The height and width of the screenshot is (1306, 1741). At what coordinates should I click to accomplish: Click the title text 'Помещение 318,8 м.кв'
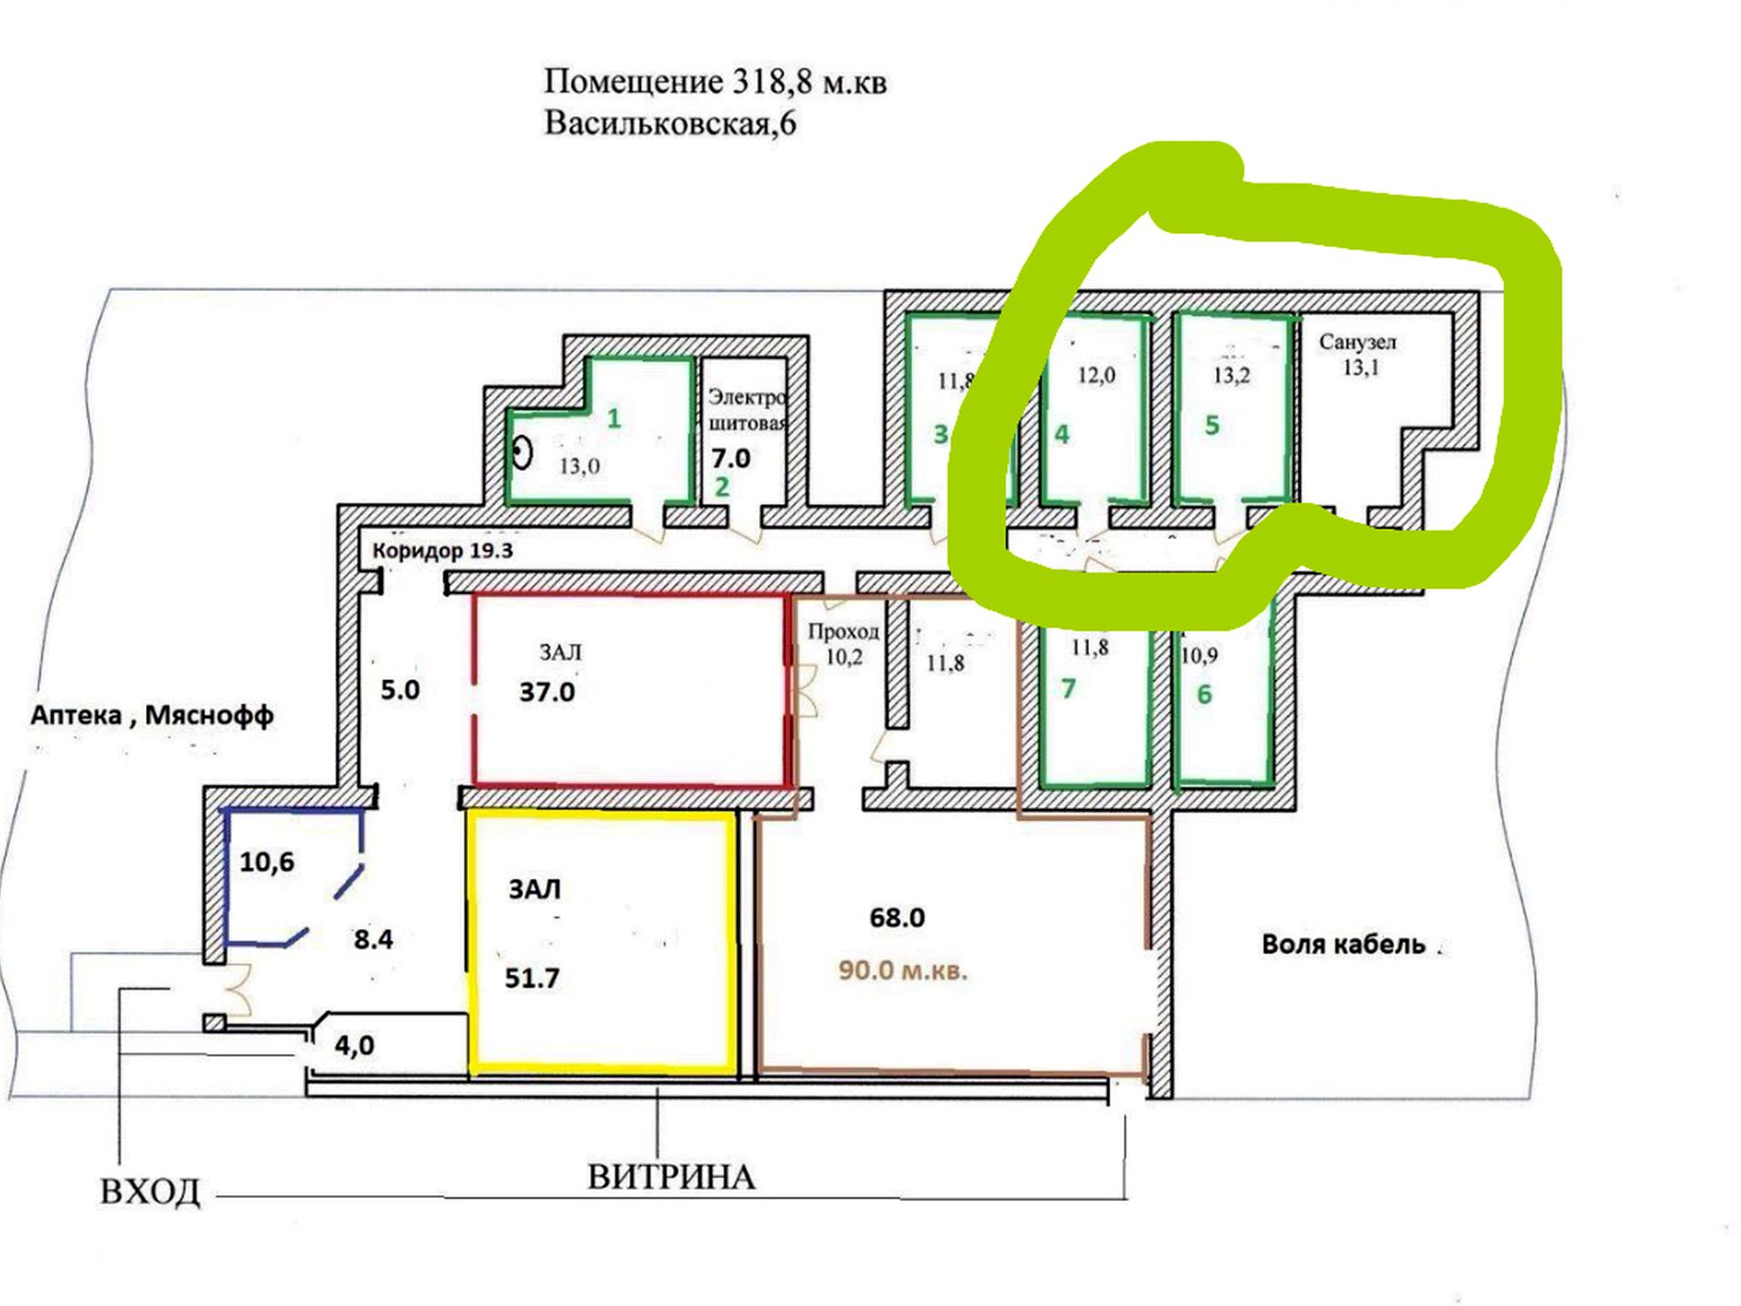(x=715, y=83)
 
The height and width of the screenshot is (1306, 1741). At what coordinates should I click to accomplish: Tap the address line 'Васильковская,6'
(x=669, y=123)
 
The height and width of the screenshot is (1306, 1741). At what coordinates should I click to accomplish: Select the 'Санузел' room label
(x=1357, y=343)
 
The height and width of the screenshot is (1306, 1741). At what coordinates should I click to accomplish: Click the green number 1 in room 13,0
(x=614, y=419)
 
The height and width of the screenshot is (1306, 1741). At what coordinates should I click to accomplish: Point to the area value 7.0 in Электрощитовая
(x=731, y=459)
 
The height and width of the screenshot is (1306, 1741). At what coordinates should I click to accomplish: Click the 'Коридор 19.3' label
(x=443, y=551)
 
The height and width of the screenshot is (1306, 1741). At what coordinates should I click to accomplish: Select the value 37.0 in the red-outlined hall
(x=547, y=693)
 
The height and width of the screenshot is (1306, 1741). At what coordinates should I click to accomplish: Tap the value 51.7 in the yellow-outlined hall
(x=532, y=979)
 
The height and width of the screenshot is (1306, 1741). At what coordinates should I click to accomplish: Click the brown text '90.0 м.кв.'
(x=902, y=970)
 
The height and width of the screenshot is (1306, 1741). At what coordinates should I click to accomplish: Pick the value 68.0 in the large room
(x=897, y=918)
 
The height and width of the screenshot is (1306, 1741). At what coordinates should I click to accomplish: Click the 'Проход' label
(x=843, y=631)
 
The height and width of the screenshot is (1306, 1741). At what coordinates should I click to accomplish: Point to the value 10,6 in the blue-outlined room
(x=267, y=862)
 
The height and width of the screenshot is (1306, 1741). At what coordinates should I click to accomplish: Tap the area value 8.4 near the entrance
(x=374, y=940)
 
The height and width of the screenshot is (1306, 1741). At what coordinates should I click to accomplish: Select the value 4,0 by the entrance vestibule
(x=355, y=1046)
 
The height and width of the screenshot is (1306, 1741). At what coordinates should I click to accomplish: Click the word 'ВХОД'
(x=151, y=1192)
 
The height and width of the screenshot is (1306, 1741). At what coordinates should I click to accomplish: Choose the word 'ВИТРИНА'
(x=671, y=1177)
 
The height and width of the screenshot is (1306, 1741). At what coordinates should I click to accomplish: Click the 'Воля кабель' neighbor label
(x=1344, y=945)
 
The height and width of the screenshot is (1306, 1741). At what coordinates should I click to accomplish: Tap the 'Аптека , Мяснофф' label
(x=152, y=716)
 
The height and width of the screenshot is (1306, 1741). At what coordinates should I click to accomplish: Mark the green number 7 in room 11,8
(x=1068, y=689)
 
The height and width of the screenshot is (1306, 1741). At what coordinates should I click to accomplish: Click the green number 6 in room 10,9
(x=1204, y=695)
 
